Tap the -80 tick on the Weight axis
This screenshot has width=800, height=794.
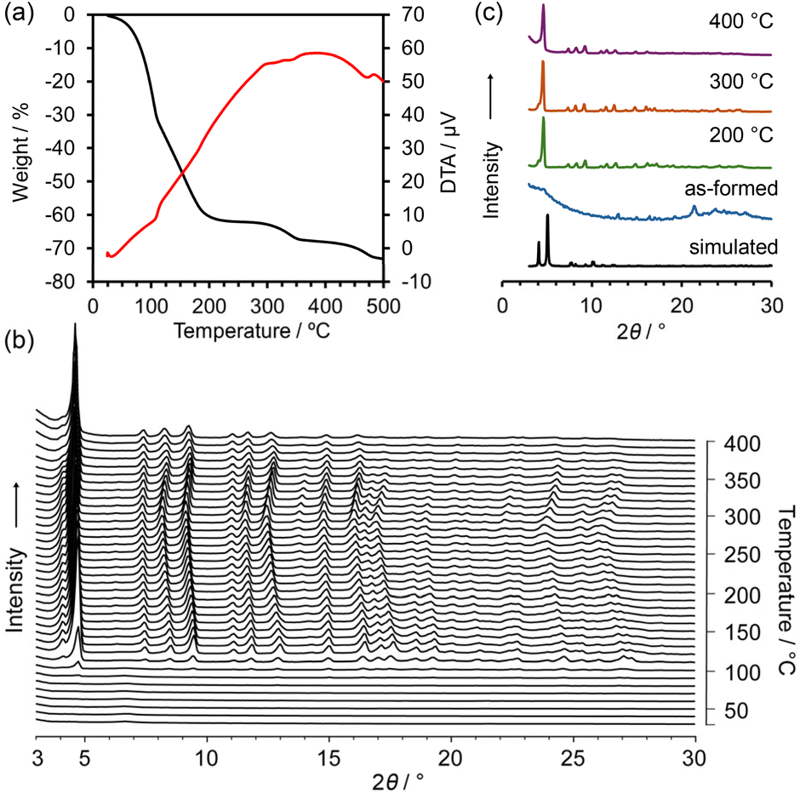point(71,282)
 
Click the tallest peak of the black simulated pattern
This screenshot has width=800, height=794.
point(547,216)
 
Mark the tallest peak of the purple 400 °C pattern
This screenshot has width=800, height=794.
point(543,6)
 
